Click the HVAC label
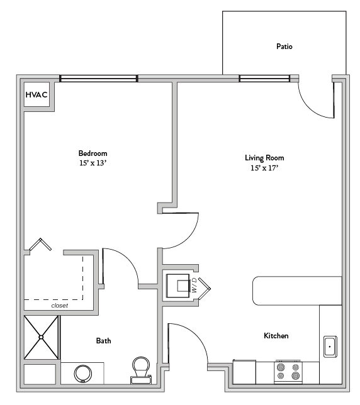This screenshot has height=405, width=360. coord(37,95)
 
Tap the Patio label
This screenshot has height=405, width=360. coord(284,47)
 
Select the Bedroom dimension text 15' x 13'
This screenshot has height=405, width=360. coord(93,163)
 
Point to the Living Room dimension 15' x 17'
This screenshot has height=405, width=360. coord(264,168)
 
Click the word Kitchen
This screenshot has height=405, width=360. coord(276,336)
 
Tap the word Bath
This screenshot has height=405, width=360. coord(103,341)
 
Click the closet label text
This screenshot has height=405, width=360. coord(59,306)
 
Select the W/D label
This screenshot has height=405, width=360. coord(194,285)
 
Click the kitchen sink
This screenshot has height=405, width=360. coord(330,347)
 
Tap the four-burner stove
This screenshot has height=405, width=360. coord(288,371)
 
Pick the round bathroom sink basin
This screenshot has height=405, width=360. coord(83,374)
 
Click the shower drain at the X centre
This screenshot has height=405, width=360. coord(41,337)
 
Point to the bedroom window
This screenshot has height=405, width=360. coord(98,79)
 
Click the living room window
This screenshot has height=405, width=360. coord(264,79)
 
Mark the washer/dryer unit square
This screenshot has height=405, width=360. coord(177,286)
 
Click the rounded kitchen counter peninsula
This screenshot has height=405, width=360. coord(297,291)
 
